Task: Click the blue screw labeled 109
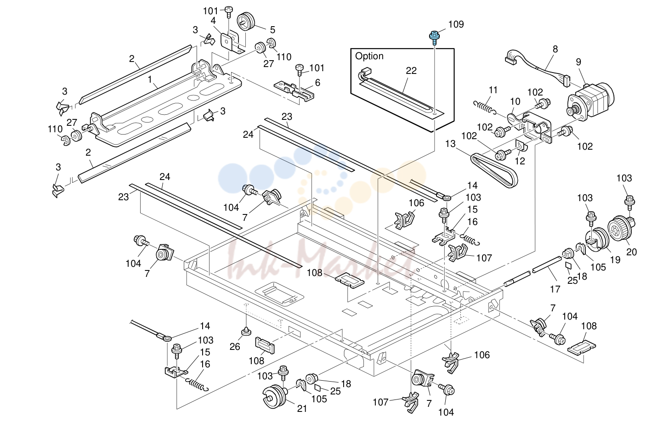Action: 434,38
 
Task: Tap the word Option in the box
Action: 369,56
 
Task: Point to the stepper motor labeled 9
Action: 590,101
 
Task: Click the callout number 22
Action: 411,71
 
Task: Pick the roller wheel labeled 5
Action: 246,21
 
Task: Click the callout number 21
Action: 302,408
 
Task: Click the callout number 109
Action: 456,24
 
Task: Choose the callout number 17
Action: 555,289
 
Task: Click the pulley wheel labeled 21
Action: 274,396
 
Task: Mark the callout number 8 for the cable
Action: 555,49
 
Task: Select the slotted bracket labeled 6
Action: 294,91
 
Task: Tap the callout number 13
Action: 450,144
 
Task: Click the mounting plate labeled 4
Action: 232,43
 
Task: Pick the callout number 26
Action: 235,347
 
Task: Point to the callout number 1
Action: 150,79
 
